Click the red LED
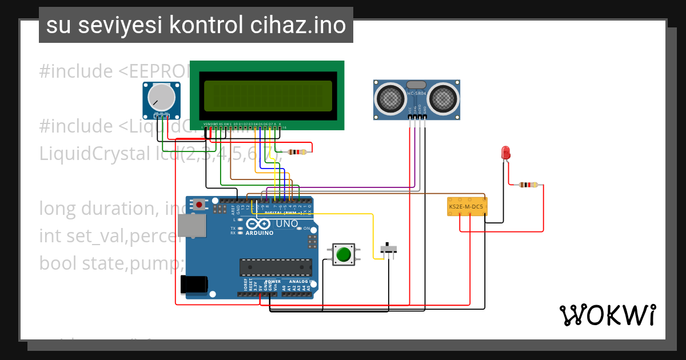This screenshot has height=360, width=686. point(505,153)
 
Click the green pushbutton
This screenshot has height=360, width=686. point(343,254)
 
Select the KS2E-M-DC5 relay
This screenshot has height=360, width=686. point(466,206)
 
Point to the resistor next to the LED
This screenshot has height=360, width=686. point(528,185)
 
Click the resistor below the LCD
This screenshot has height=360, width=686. point(297,151)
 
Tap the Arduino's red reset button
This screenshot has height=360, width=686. point(199,204)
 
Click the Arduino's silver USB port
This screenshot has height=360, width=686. point(192,226)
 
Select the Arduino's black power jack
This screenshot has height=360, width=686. point(193,285)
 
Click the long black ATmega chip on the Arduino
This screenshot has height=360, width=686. point(276,267)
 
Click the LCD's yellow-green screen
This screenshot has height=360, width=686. point(267,95)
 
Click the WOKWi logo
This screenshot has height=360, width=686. point(607,315)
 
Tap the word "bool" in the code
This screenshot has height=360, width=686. point(57,263)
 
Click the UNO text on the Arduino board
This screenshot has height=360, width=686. point(286,223)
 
